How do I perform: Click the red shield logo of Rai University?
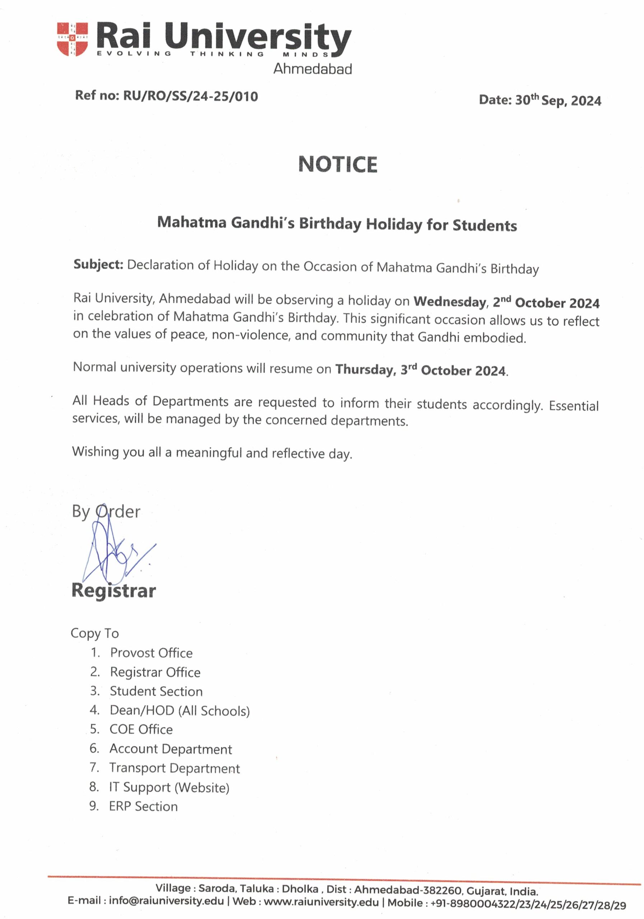click(x=73, y=39)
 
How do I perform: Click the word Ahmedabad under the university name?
click(x=313, y=69)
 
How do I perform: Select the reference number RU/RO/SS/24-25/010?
click(x=191, y=97)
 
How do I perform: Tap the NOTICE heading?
click(x=338, y=164)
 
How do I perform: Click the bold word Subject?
click(x=98, y=265)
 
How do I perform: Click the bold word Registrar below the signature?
click(x=114, y=591)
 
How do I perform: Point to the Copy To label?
click(x=95, y=633)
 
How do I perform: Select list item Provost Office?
click(x=151, y=653)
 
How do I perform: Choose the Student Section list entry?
click(x=156, y=691)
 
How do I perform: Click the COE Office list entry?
click(x=141, y=729)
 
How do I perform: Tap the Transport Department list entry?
click(x=174, y=768)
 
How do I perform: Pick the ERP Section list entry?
click(x=143, y=806)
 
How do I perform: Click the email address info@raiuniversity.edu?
click(x=166, y=901)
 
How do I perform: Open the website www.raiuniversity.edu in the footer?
click(x=321, y=902)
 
